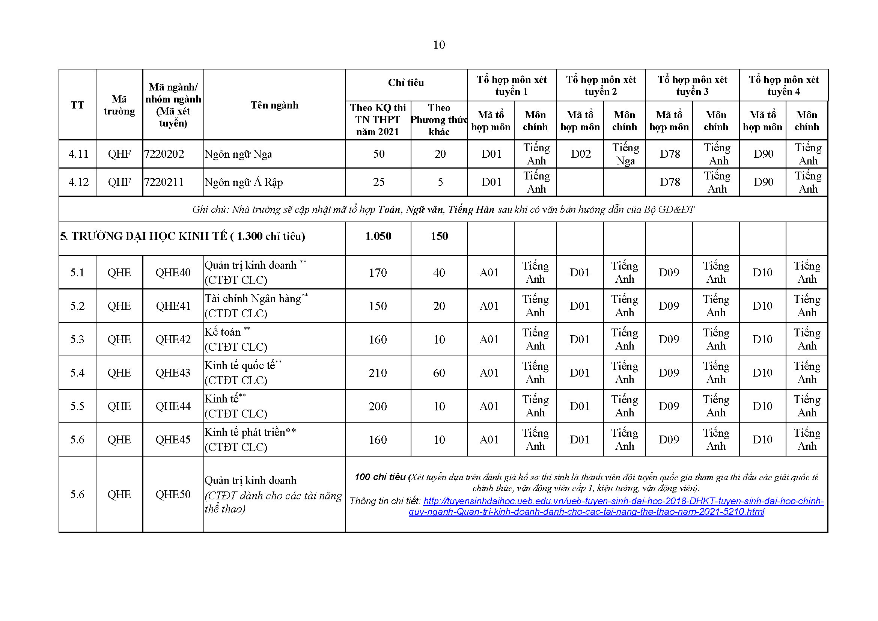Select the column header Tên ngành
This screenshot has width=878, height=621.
pyautogui.click(x=274, y=105)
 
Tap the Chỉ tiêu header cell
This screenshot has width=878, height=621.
pyautogui.click(x=406, y=83)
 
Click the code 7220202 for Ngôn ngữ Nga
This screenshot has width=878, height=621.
pyautogui.click(x=164, y=154)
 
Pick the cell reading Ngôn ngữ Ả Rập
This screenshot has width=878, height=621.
pyautogui.click(x=244, y=182)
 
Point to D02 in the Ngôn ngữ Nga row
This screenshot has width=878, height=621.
pyautogui.click(x=580, y=154)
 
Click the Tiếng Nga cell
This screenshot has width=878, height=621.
pyautogui.click(x=625, y=154)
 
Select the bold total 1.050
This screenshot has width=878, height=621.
pyautogui.click(x=378, y=236)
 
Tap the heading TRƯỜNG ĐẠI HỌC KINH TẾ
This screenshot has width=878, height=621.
pyautogui.click(x=182, y=236)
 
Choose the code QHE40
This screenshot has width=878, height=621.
pyautogui.click(x=173, y=273)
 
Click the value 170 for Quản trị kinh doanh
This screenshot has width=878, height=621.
pyautogui.click(x=378, y=273)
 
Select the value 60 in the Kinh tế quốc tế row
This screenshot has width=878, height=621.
pyautogui.click(x=439, y=373)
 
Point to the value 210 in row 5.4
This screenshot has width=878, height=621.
pyautogui.click(x=378, y=373)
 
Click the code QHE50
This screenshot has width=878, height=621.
pyautogui.click(x=173, y=494)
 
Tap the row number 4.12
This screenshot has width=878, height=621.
pyautogui.click(x=78, y=182)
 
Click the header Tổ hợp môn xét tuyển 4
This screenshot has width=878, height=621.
pyautogui.click(x=783, y=85)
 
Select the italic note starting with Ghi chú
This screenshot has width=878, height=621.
pyautogui.click(x=443, y=210)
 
